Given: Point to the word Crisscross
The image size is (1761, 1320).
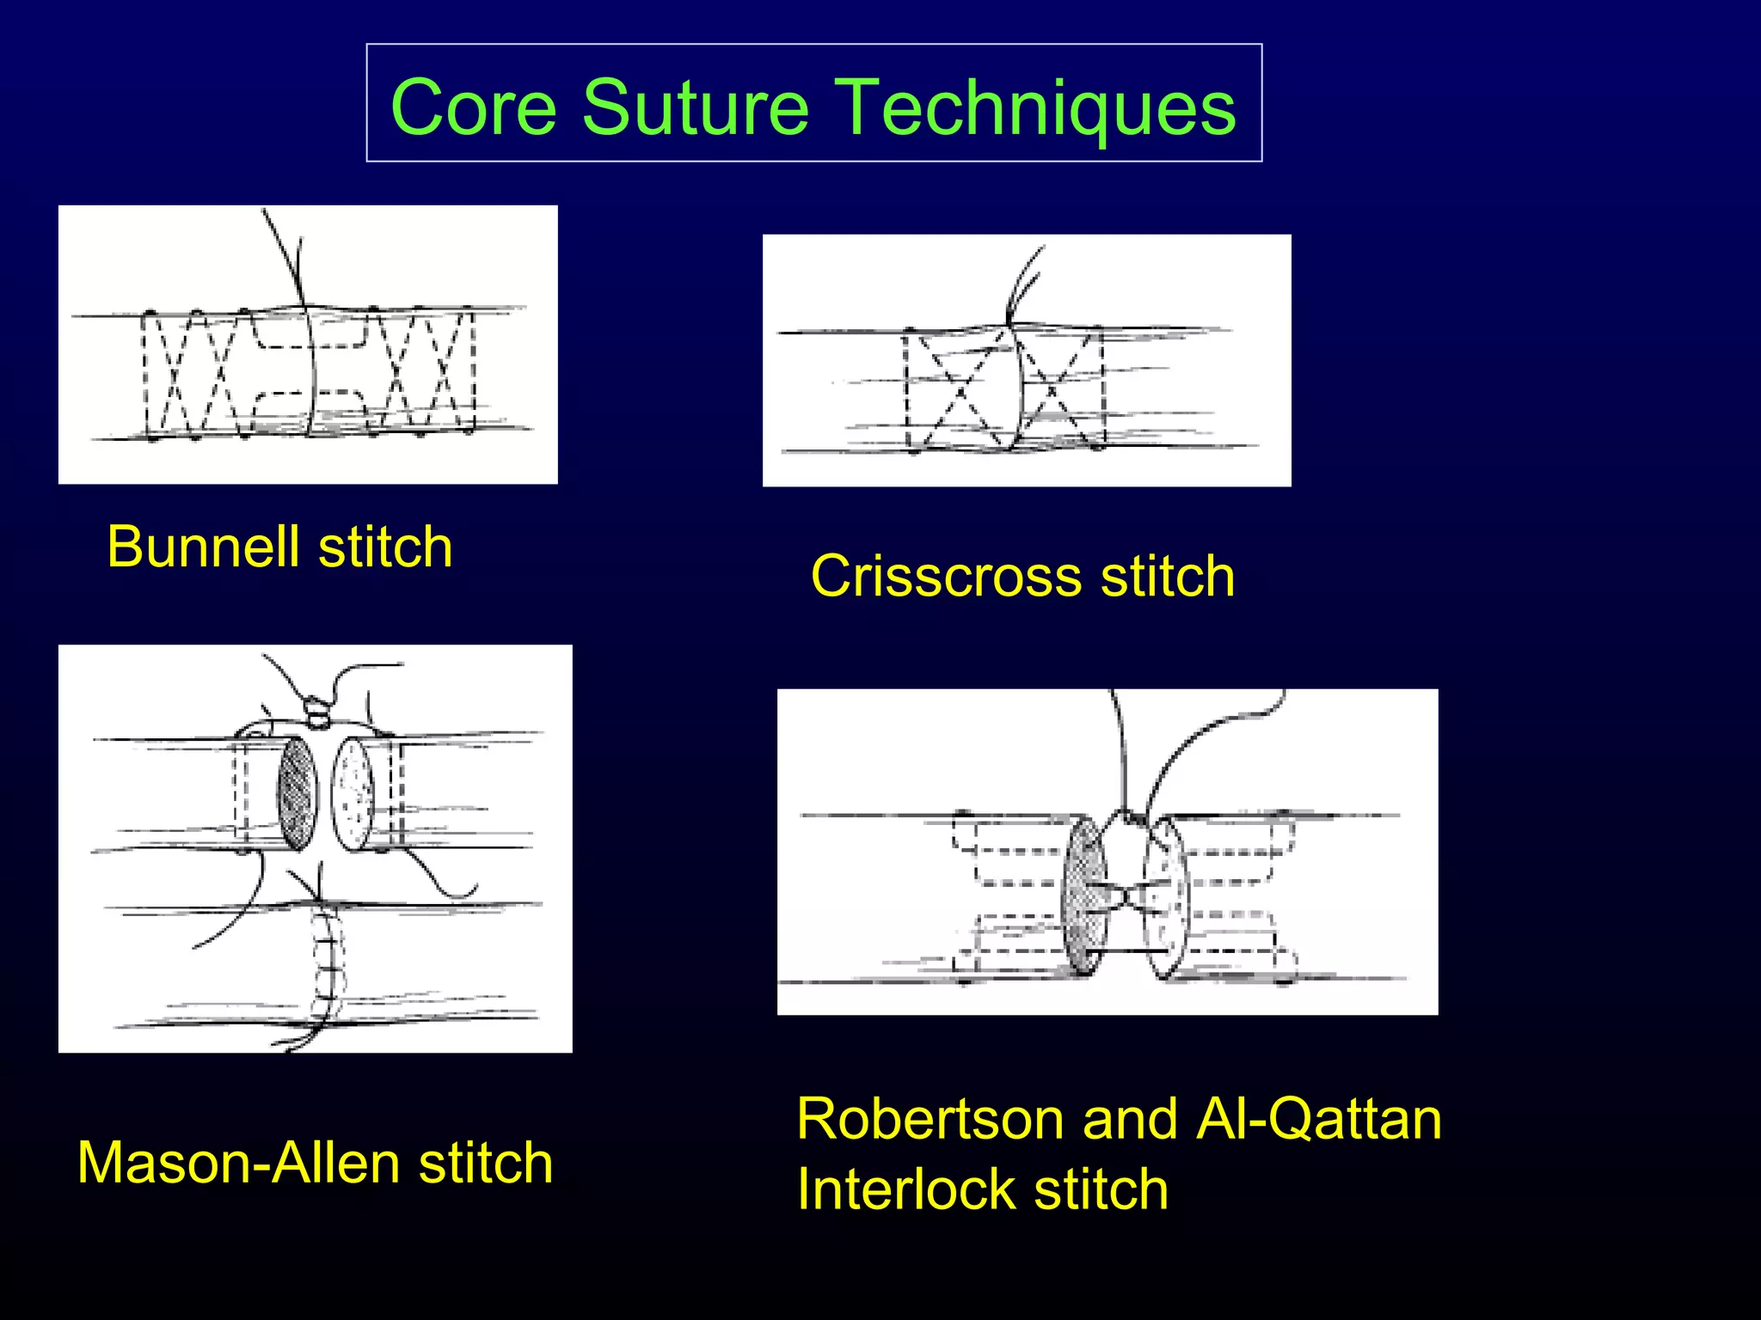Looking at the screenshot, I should [x=946, y=576].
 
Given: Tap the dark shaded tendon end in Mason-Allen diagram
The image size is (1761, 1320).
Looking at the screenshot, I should [x=297, y=793].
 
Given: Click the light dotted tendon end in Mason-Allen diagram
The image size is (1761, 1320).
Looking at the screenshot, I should [x=353, y=793].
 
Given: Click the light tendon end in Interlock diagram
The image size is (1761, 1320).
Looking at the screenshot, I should [x=1165, y=898].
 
